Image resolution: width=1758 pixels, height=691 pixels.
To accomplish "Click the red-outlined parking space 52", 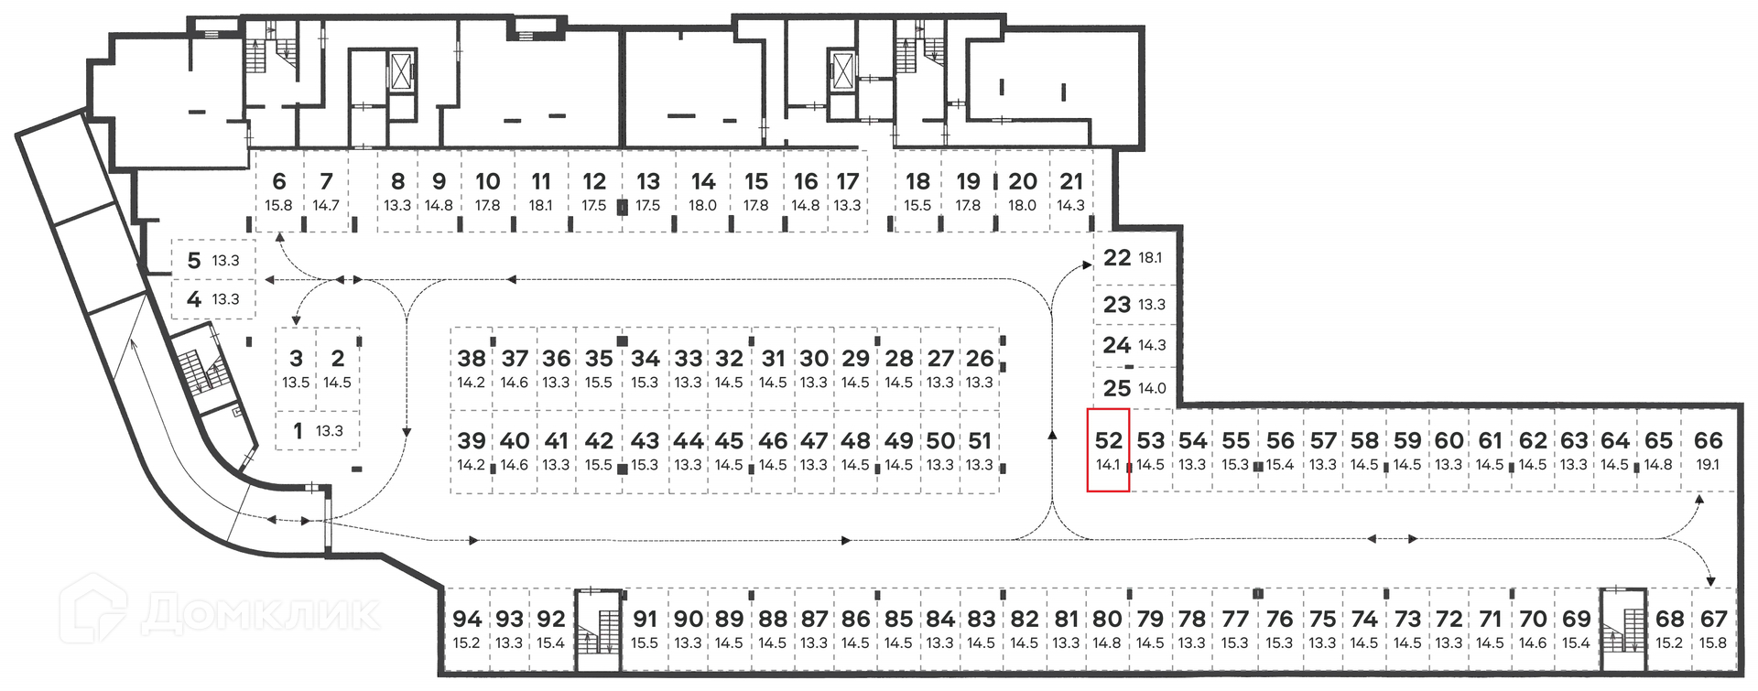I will [x=1108, y=450].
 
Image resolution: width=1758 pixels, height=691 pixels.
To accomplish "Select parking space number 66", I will [x=1708, y=450].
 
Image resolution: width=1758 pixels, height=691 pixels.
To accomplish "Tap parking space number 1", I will [x=317, y=430].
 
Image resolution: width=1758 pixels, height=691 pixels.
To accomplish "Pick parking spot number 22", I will [x=1133, y=258].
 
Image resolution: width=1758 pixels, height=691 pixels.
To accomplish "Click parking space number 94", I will [x=467, y=629].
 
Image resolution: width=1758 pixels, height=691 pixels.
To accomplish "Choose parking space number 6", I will [x=279, y=191].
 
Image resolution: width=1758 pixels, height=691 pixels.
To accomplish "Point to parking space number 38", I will [x=472, y=368].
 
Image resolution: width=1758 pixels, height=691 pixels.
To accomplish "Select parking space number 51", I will [x=980, y=450].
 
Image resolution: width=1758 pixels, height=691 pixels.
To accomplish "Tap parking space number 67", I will [x=1713, y=629].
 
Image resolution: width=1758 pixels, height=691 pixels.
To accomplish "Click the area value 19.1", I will [x=1708, y=465].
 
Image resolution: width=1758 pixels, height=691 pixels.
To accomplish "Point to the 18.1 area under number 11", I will [x=541, y=206].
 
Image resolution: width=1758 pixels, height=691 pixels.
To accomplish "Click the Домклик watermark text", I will [x=260, y=613].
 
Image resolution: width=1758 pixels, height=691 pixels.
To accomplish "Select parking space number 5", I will [x=213, y=260].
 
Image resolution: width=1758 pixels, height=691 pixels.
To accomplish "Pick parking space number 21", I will [x=1071, y=191].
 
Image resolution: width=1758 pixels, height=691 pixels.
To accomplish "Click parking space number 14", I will [x=703, y=191].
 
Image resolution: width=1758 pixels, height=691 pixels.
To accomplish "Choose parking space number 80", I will [x=1107, y=629].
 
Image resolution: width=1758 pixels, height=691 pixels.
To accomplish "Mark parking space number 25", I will [x=1134, y=388].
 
